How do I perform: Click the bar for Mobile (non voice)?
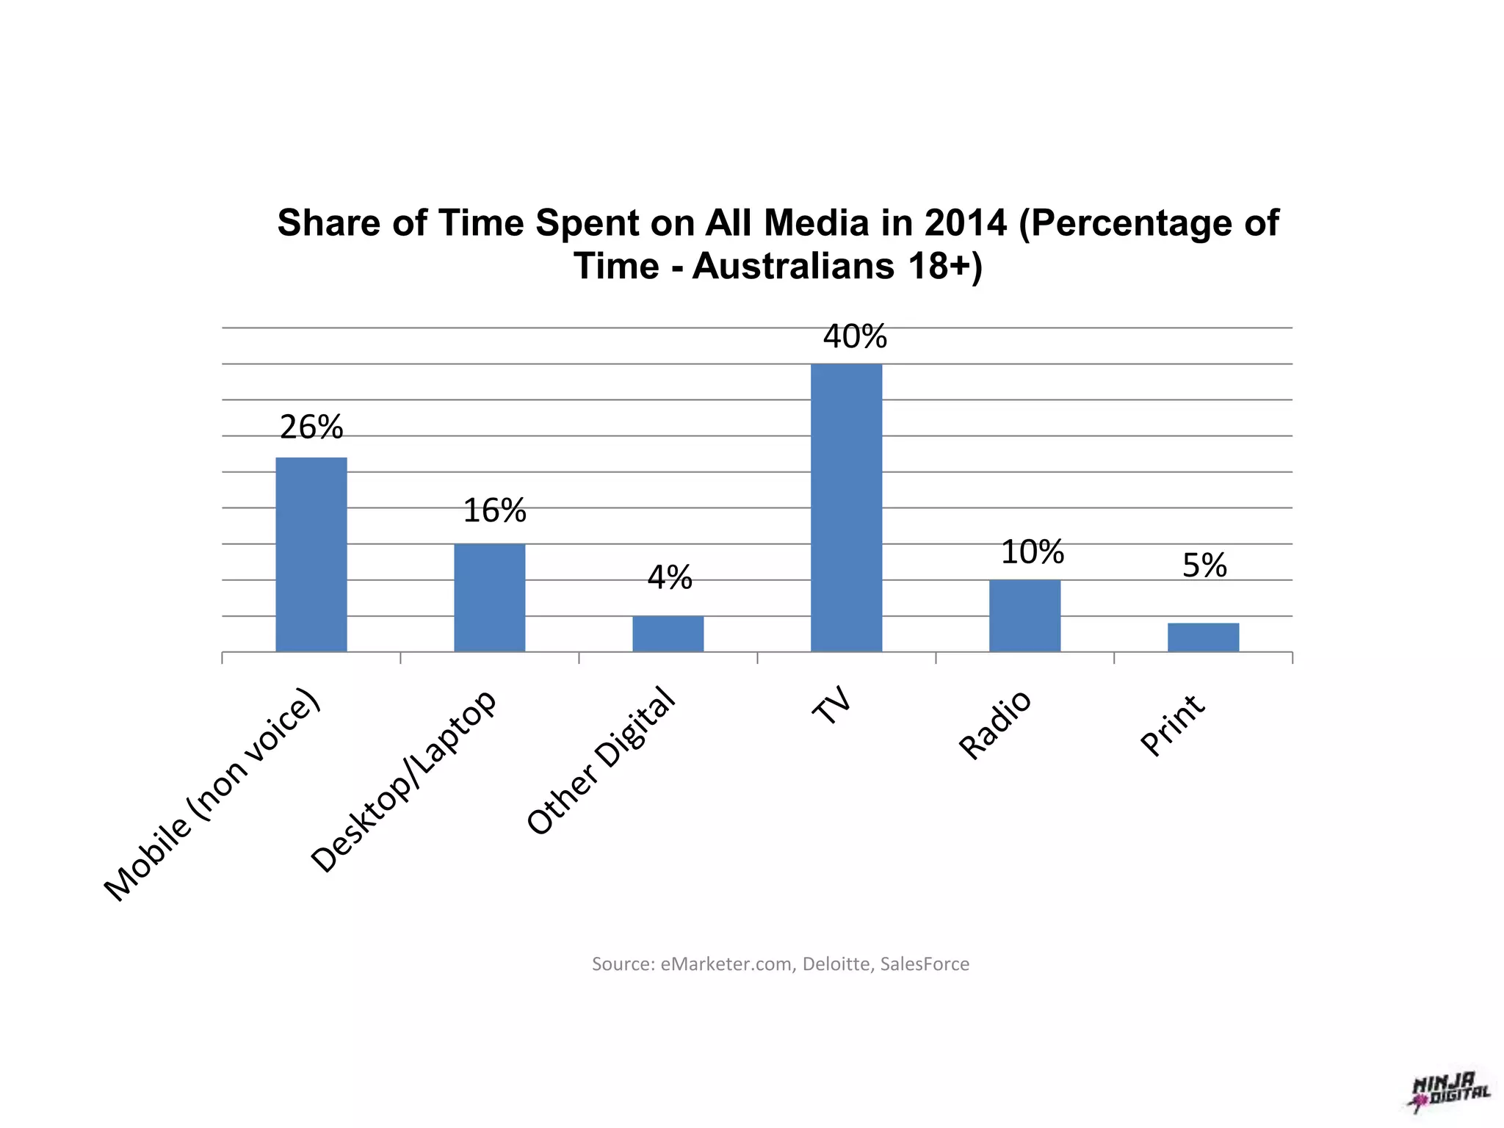[x=311, y=554]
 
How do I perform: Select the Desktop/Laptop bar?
[x=489, y=597]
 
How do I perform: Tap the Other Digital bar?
[x=668, y=633]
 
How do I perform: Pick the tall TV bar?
[x=846, y=507]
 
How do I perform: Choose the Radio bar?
[x=1024, y=615]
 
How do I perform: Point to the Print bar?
[x=1203, y=637]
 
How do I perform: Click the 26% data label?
[x=311, y=427]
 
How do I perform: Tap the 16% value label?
[x=494, y=511]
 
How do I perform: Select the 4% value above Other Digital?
[x=669, y=578]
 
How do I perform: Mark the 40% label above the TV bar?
[x=855, y=337]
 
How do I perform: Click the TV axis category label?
[x=833, y=706]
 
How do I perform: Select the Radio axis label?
[x=995, y=725]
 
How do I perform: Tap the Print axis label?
[x=1172, y=725]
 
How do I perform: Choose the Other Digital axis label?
[x=601, y=761]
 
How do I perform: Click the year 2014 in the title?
[x=965, y=223]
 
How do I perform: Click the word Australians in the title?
[x=793, y=266]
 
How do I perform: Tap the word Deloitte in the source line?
[x=836, y=963]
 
